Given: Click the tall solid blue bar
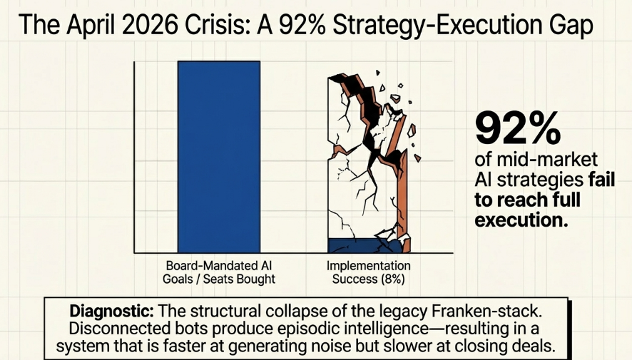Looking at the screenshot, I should tap(219, 157).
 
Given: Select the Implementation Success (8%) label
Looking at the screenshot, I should tap(369, 272).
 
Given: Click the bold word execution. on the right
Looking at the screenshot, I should tap(521, 220).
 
